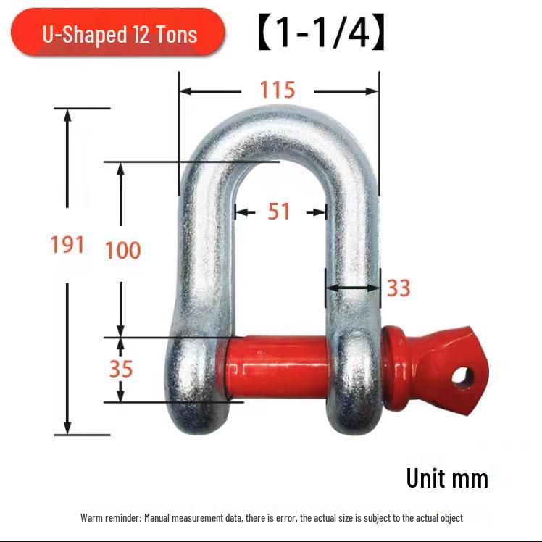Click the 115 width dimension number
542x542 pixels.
click(x=278, y=90)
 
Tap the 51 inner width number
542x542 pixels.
click(x=279, y=212)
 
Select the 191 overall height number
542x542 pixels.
click(x=67, y=245)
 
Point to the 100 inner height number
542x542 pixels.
click(x=122, y=251)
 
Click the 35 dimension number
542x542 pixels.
click(x=121, y=369)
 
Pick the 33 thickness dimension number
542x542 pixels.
click(x=398, y=288)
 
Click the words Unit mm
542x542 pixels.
click(x=446, y=478)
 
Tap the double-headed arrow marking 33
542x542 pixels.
click(x=352, y=288)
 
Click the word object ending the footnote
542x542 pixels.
click(x=449, y=518)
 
